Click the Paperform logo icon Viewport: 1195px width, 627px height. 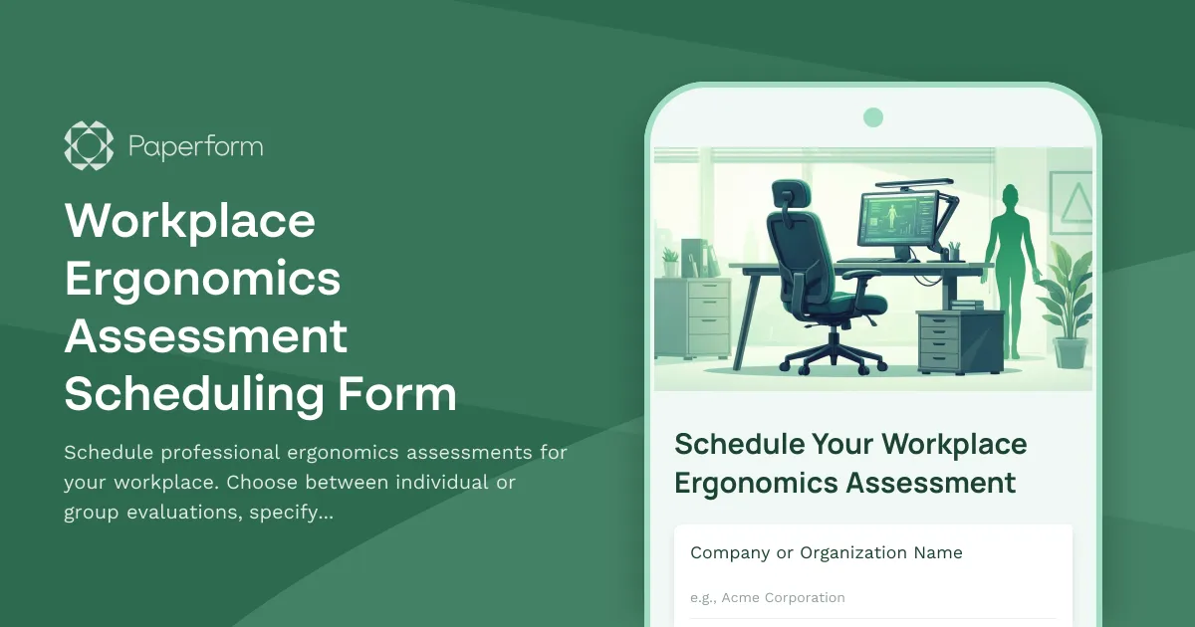(x=89, y=145)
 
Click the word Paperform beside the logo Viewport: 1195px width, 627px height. (x=195, y=147)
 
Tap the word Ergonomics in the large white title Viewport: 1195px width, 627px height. (x=203, y=279)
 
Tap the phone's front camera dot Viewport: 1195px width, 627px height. (x=873, y=117)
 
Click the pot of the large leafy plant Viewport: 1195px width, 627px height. (x=1071, y=352)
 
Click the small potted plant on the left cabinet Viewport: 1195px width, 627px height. (x=671, y=264)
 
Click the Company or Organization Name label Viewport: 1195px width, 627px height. (x=827, y=553)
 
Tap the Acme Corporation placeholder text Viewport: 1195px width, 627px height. (x=768, y=598)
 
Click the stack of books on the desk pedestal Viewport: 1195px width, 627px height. (x=966, y=304)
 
